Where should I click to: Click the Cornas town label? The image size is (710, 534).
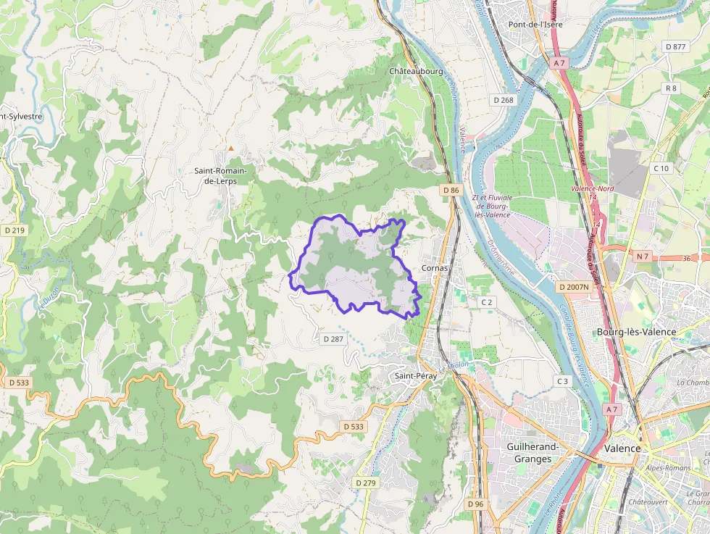(x=435, y=267)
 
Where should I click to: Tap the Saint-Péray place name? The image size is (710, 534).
(x=414, y=376)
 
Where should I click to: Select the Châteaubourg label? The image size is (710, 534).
(x=416, y=72)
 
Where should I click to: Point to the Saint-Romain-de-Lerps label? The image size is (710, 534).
(x=220, y=175)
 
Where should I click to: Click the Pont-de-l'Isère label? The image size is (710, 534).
(x=535, y=24)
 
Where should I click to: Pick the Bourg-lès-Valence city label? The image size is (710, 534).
(x=635, y=332)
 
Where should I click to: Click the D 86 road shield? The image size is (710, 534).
(x=451, y=190)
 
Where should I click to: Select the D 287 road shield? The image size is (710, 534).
(x=333, y=338)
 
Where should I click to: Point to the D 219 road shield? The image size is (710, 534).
(x=14, y=230)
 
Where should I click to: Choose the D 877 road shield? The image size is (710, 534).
(x=675, y=46)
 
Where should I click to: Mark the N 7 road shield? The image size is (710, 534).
(x=643, y=256)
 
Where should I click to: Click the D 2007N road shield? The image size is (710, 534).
(x=574, y=287)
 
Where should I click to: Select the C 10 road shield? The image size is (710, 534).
(x=661, y=168)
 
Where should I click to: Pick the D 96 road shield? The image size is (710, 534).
(x=475, y=504)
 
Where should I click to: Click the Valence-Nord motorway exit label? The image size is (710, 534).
(x=588, y=188)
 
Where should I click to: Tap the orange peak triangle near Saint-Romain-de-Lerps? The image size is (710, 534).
(x=231, y=149)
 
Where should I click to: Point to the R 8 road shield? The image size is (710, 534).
(x=671, y=88)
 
